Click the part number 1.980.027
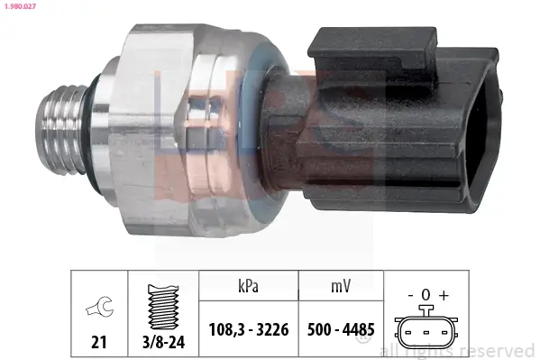[20, 7]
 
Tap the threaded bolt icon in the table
[163, 307]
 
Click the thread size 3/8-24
[163, 342]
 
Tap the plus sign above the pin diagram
[444, 295]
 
